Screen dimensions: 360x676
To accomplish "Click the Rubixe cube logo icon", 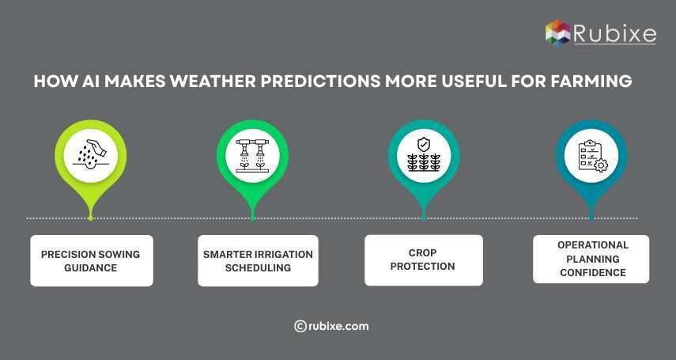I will pyautogui.click(x=557, y=32).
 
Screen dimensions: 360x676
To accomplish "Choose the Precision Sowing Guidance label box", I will pyautogui.click(x=91, y=260).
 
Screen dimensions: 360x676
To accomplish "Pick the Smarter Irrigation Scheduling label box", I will pyautogui.click(x=258, y=260).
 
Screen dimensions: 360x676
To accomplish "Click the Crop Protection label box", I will pyautogui.click(x=424, y=260).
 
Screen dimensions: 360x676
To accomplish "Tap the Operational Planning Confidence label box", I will pyautogui.click(x=591, y=259).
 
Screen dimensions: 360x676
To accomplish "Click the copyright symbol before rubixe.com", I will pyautogui.click(x=300, y=326).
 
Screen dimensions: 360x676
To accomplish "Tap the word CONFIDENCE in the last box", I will pyautogui.click(x=593, y=273).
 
